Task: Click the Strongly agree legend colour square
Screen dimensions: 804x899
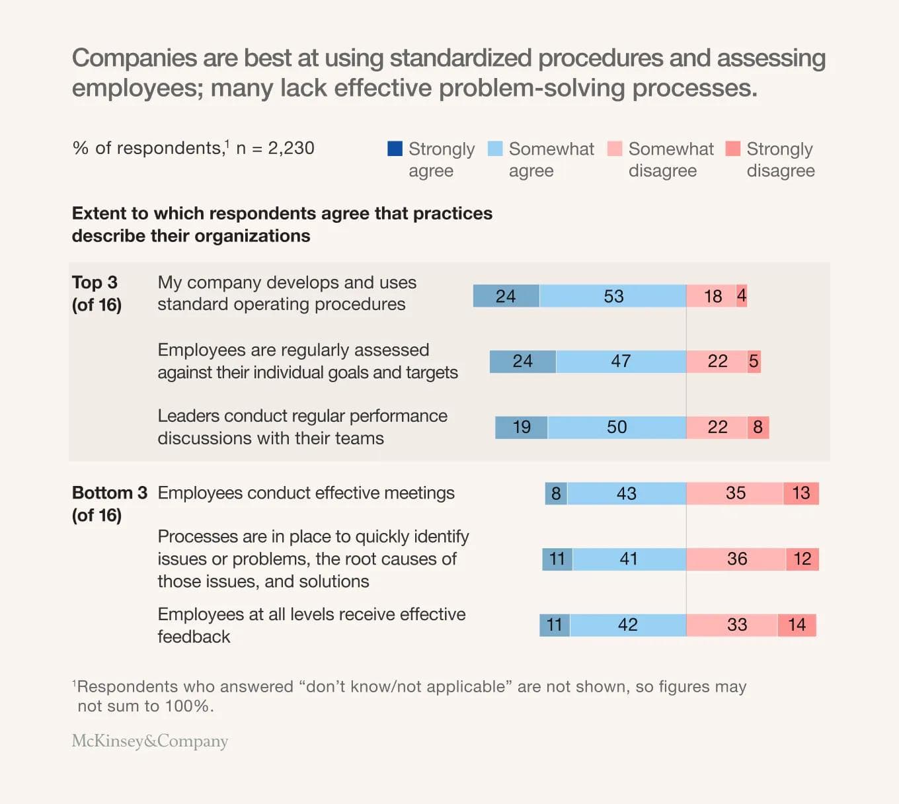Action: tap(395, 149)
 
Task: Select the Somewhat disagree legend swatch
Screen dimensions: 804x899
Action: tap(615, 149)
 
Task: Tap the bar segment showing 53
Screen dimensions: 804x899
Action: tap(613, 296)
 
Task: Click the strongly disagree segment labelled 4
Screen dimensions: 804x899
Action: tap(742, 296)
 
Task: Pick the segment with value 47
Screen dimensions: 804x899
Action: tap(621, 362)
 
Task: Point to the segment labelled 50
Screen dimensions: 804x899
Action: tap(617, 427)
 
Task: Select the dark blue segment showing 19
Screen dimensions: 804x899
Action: tap(522, 427)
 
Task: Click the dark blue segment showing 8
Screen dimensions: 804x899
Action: tap(556, 493)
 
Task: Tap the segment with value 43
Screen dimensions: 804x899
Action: tap(626, 493)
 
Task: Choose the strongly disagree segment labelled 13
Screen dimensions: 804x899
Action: tap(801, 493)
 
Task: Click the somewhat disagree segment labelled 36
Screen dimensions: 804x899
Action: tap(736, 559)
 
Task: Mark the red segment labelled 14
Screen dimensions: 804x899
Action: tap(797, 625)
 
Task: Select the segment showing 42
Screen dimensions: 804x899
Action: tap(627, 625)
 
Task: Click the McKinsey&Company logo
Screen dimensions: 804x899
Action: tap(150, 741)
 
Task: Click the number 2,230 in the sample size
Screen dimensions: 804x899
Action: tap(291, 148)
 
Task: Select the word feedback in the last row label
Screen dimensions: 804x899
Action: tap(194, 637)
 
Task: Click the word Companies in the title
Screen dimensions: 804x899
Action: tap(134, 58)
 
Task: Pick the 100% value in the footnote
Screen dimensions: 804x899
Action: tap(188, 706)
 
